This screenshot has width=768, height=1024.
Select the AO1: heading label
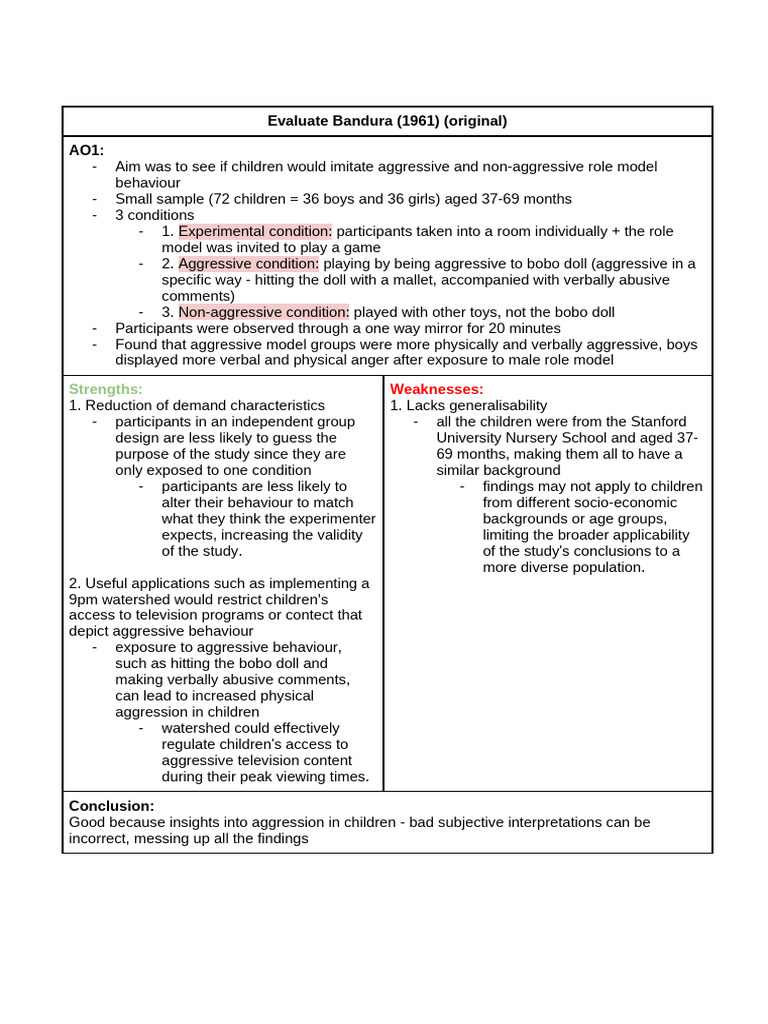pyautogui.click(x=86, y=150)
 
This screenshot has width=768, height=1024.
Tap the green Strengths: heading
pyautogui.click(x=106, y=388)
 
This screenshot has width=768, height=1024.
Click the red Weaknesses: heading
pyautogui.click(x=437, y=388)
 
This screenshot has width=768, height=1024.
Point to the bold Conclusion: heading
pyautogui.click(x=111, y=805)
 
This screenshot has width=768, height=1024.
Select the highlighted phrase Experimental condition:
pyautogui.click(x=255, y=231)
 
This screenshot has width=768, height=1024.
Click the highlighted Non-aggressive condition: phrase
pyautogui.click(x=264, y=312)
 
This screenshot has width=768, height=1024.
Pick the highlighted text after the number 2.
pyautogui.click(x=249, y=263)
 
